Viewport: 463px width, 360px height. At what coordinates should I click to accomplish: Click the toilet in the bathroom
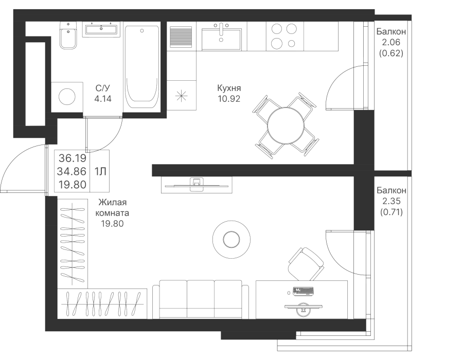click(x=68, y=35)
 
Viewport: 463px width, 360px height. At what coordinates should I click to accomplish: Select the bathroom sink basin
click(x=101, y=29)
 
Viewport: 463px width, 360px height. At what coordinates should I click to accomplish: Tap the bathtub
click(x=142, y=68)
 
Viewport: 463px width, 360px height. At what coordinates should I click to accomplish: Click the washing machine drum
click(x=67, y=97)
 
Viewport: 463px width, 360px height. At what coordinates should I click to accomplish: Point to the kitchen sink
click(x=221, y=37)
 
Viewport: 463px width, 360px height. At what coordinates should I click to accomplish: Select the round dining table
click(x=286, y=126)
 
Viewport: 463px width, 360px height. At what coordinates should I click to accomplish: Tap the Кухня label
click(x=229, y=88)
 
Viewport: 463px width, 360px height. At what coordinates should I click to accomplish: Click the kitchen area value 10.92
click(x=229, y=99)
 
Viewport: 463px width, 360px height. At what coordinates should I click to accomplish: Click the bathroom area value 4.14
click(x=103, y=99)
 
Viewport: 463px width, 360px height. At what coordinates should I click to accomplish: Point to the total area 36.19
click(x=73, y=158)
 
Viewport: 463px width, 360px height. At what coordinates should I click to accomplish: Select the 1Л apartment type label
click(x=100, y=171)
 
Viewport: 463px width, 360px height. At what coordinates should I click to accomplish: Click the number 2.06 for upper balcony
click(x=391, y=42)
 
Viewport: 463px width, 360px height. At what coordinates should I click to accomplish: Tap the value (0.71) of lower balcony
click(x=391, y=212)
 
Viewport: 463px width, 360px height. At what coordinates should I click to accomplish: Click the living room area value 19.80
click(x=112, y=224)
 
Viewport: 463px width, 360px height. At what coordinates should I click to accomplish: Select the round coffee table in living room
click(x=232, y=239)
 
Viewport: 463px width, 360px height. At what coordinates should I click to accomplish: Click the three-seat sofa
click(x=201, y=299)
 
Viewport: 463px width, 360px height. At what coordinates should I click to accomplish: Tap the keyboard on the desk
click(x=303, y=291)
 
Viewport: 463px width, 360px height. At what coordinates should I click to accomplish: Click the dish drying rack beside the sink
click(x=181, y=37)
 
